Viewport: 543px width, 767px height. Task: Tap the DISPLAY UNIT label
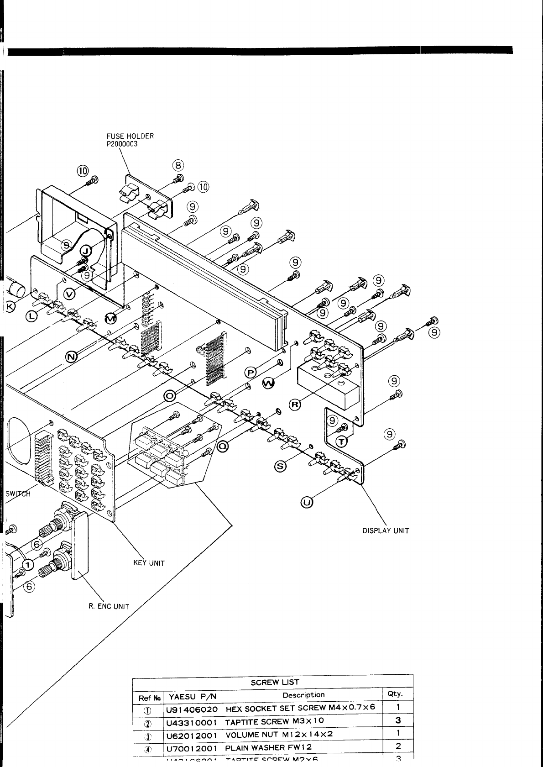point(386,531)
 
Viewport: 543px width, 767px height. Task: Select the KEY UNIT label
point(149,563)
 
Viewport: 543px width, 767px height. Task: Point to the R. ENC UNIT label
point(109,607)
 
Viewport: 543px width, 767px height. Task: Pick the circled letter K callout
point(10,305)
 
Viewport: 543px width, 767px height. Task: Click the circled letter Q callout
point(223,447)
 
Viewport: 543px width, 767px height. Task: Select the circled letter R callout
point(295,404)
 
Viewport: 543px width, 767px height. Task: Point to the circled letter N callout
point(71,357)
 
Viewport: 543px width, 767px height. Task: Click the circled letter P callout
point(251,373)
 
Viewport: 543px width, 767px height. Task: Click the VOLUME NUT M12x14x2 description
point(279,734)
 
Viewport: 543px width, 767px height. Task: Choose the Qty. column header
point(395,693)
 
